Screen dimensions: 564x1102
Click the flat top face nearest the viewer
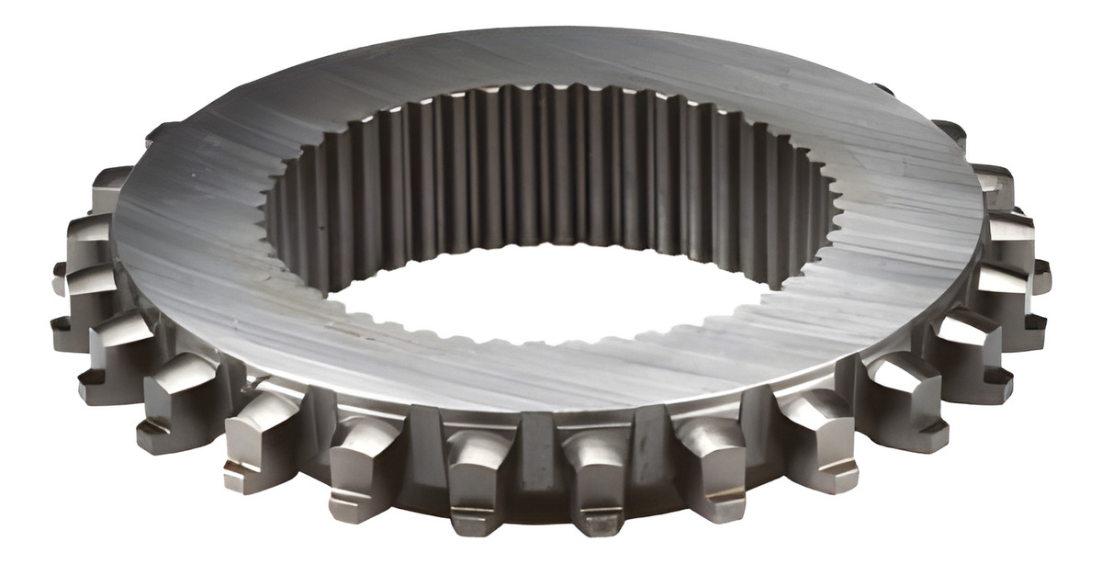(x=542, y=377)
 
